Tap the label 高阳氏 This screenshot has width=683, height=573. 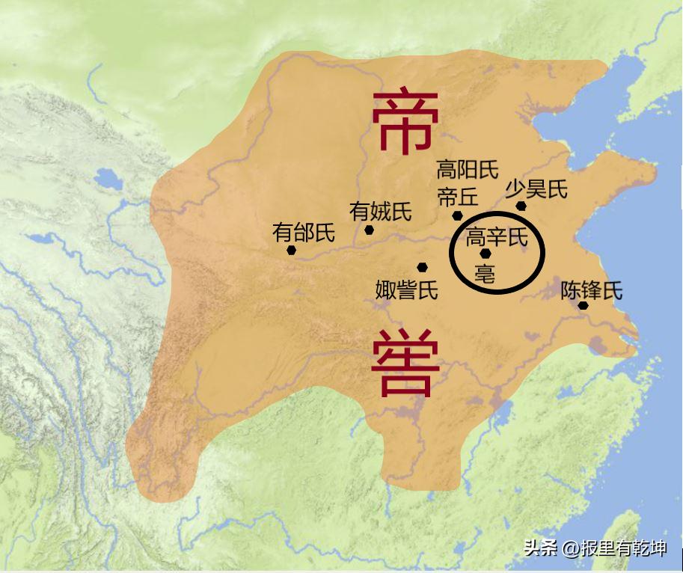pyautogui.click(x=468, y=170)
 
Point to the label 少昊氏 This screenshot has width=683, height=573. pyautogui.click(x=536, y=189)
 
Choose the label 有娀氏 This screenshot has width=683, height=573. pyautogui.click(x=381, y=212)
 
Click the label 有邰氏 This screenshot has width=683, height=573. pyautogui.click(x=303, y=233)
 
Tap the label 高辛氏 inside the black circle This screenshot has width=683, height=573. pyautogui.click(x=497, y=238)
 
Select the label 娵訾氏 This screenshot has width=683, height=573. pyautogui.click(x=406, y=289)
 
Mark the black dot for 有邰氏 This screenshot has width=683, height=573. pyautogui.click(x=291, y=251)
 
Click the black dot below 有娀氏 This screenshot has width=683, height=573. pyautogui.click(x=369, y=230)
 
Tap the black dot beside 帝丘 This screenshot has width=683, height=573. pyautogui.click(x=457, y=215)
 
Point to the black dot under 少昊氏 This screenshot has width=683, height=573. pyautogui.click(x=521, y=206)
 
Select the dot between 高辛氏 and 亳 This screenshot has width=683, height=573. pyautogui.click(x=486, y=254)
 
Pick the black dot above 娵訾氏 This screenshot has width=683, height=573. pyautogui.click(x=423, y=267)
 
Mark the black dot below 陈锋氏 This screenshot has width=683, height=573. pyautogui.click(x=583, y=305)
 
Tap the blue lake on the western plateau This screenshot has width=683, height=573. pyautogui.click(x=108, y=180)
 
